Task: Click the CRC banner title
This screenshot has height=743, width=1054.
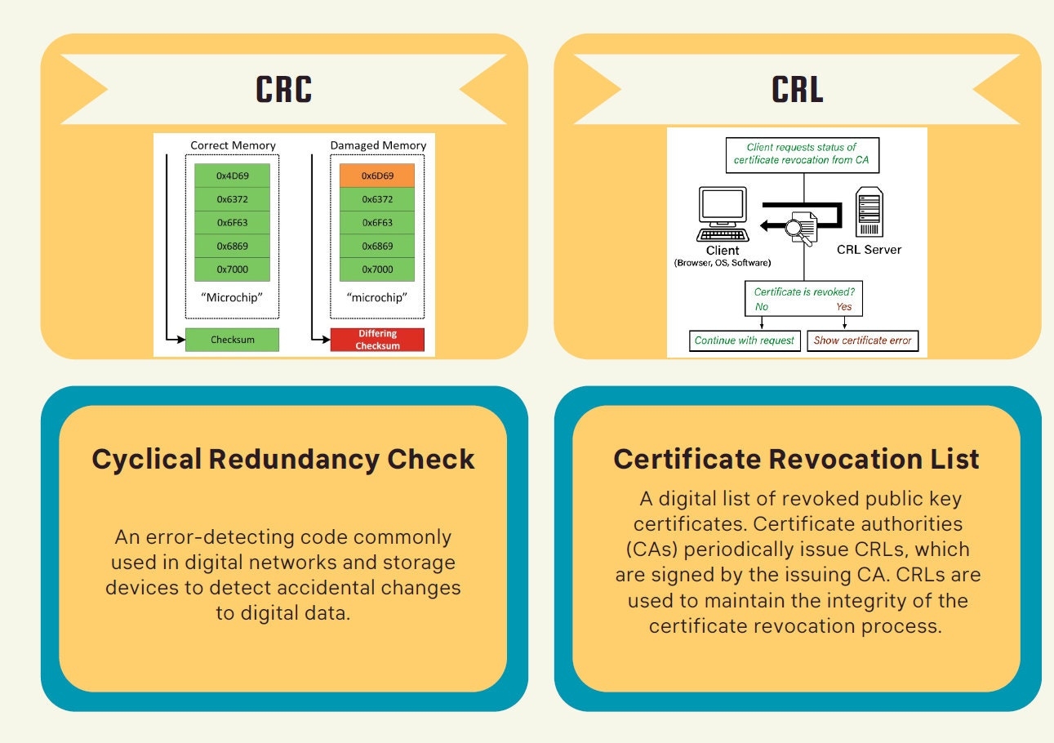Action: tap(284, 90)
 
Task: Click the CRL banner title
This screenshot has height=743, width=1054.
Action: tap(797, 90)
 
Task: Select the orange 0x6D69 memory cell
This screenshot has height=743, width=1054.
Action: tap(377, 176)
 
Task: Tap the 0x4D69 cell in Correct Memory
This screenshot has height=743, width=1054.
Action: tap(232, 176)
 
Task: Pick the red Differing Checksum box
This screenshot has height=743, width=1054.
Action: tap(377, 340)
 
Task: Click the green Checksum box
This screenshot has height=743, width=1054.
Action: tap(232, 339)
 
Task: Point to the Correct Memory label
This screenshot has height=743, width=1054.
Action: tap(233, 145)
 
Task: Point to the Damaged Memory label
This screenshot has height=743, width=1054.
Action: tap(378, 145)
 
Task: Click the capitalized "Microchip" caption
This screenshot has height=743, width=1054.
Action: tap(232, 297)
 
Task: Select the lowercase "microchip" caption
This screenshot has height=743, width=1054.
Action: tap(377, 297)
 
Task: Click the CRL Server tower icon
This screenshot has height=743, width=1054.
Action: tap(868, 213)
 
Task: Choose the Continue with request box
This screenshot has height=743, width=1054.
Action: tap(744, 340)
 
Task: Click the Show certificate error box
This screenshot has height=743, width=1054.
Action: tap(862, 340)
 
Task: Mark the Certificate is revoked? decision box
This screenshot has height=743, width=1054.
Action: tap(803, 299)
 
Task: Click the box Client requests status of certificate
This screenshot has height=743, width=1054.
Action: tap(803, 154)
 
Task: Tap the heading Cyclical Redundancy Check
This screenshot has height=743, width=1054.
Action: tap(283, 459)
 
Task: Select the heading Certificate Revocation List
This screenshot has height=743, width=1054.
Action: tap(796, 459)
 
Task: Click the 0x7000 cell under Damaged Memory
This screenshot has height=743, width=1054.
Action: tap(377, 269)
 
